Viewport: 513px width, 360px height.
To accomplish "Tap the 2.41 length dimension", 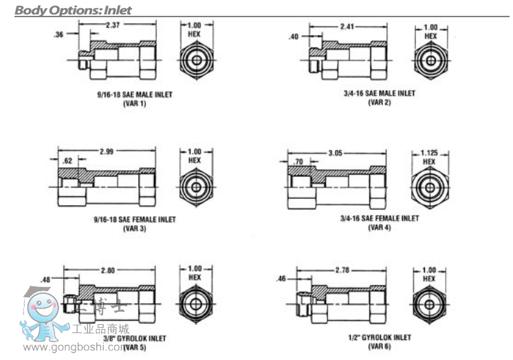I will tap(348, 26).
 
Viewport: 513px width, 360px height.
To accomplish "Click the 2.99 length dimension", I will tap(107, 151).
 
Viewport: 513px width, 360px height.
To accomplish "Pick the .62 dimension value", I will tap(66, 160).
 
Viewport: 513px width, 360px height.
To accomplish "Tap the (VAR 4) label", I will tap(379, 227).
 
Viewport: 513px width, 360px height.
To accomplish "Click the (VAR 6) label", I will tap(380, 346).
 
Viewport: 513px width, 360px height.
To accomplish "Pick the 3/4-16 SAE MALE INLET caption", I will tap(380, 94).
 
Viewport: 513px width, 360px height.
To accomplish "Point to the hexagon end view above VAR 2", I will tap(430, 61).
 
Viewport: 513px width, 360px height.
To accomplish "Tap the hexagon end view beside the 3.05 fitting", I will tap(430, 187).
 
